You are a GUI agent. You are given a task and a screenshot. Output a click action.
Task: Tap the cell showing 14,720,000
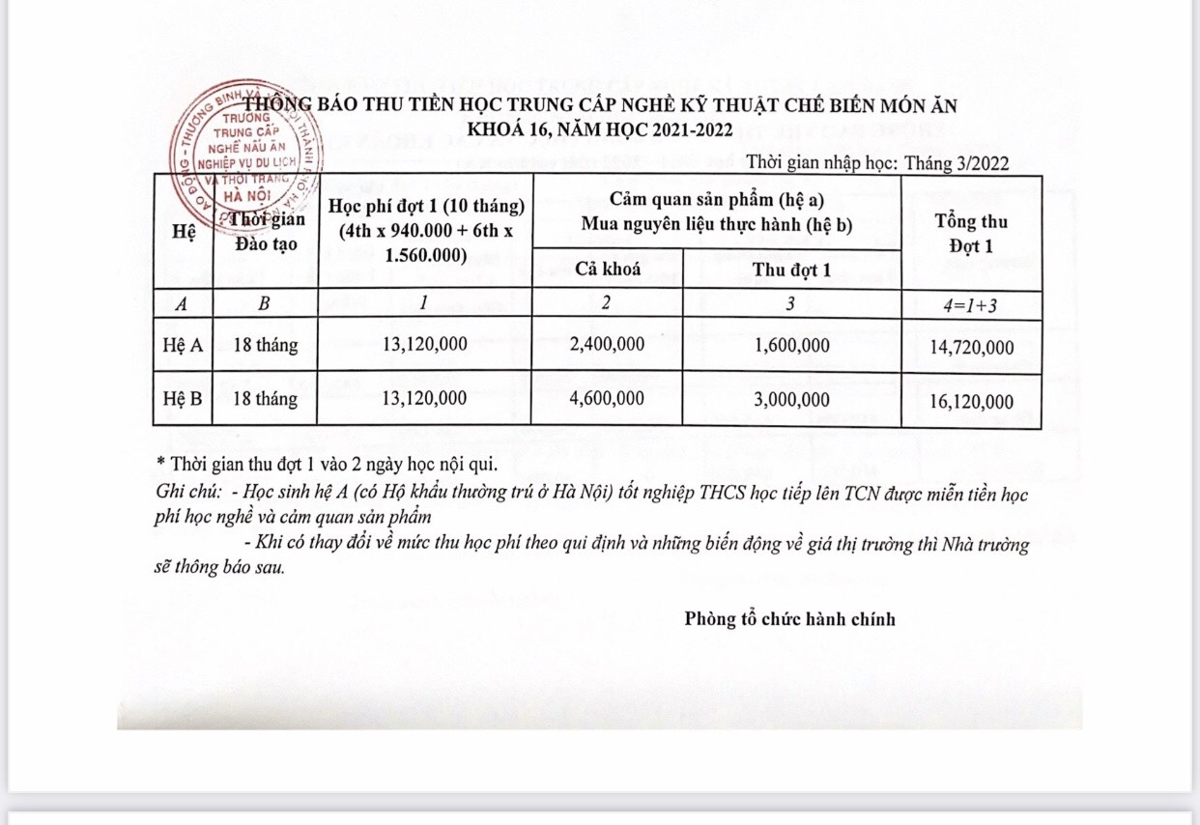(x=971, y=347)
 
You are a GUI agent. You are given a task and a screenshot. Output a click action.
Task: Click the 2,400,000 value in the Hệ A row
(x=607, y=345)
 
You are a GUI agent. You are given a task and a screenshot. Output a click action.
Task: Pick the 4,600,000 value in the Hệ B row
(x=607, y=398)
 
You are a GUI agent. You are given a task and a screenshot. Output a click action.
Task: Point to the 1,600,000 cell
(x=791, y=345)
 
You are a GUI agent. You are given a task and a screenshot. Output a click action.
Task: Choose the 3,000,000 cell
(x=791, y=398)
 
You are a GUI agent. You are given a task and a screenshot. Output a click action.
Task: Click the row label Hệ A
(x=182, y=345)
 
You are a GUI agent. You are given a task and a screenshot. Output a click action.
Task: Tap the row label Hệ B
(x=182, y=398)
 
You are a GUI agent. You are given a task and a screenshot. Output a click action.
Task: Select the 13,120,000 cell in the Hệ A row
(x=424, y=345)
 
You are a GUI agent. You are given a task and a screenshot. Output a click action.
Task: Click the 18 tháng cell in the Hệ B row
(x=265, y=398)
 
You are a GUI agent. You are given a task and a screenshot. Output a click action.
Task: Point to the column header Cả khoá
(x=608, y=269)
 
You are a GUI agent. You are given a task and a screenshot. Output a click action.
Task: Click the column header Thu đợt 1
(x=791, y=270)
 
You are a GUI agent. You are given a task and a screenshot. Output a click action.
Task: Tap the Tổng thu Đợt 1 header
(x=971, y=233)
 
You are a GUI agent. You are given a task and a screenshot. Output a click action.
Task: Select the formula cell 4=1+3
(x=971, y=303)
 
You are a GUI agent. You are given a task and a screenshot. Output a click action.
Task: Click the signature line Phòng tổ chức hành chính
(x=789, y=618)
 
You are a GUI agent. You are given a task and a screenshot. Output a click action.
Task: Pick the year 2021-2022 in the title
(x=676, y=128)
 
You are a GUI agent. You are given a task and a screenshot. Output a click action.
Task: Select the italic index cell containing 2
(x=606, y=303)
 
